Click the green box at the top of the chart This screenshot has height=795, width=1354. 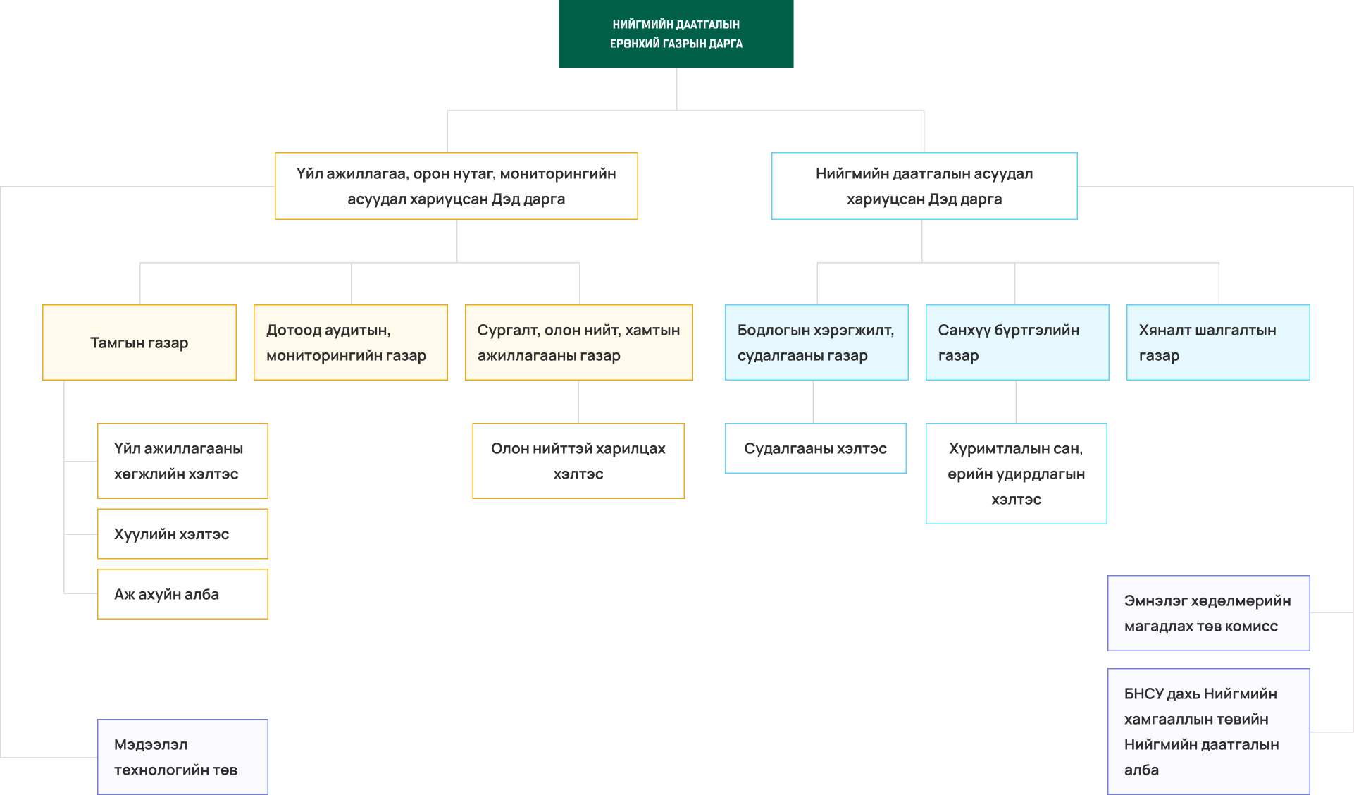point(676,34)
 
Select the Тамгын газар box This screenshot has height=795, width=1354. point(139,343)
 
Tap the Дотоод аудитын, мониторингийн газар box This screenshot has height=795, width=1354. point(351,343)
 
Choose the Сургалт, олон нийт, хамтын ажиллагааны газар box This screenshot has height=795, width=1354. point(579,343)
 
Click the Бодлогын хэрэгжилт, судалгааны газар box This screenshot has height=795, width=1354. point(816,343)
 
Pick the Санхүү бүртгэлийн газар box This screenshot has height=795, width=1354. point(1017,343)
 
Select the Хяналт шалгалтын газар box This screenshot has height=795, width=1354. point(1218,343)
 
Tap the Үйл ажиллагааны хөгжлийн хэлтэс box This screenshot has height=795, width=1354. point(182,461)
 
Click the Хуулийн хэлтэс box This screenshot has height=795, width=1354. point(182,534)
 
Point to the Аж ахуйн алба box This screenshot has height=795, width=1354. point(182,594)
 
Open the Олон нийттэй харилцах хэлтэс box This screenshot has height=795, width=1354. point(578,461)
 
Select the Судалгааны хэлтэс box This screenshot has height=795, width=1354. point(816,448)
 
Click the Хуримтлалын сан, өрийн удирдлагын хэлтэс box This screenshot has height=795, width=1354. point(1017,474)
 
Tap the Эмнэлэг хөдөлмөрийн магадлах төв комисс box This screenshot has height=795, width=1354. point(1209,613)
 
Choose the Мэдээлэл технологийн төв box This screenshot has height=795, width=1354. point(182,757)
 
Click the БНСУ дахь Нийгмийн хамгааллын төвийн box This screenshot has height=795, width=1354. point(1209,732)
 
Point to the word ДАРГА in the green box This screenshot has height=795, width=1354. point(726,44)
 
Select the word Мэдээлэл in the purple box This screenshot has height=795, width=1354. point(151,745)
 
